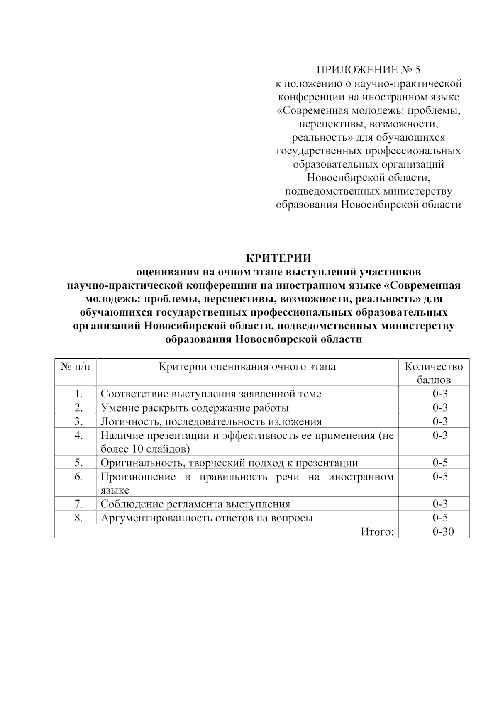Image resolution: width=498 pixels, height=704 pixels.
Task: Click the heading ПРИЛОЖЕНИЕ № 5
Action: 369,69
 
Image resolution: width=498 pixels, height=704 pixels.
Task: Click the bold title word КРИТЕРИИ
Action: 279,258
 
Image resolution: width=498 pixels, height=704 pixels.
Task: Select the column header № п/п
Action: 75,367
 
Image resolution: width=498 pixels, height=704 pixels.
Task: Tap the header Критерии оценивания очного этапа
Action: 247,367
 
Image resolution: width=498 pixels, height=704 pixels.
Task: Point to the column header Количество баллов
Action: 434,373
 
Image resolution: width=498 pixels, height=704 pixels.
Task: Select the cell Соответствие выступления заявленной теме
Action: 211,394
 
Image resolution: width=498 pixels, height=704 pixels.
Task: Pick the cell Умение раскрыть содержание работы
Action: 195,408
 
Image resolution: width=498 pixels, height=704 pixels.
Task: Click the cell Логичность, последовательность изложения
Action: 211,422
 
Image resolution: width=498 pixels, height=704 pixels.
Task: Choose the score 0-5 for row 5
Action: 440,463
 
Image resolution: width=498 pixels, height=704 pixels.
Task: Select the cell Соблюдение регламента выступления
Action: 195,504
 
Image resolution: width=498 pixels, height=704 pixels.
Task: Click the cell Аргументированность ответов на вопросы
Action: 207,518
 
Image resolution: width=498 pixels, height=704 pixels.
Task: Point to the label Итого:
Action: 377,532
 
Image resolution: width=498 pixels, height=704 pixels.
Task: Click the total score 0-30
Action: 443,532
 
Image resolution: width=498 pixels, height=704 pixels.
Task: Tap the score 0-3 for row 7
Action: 440,504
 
